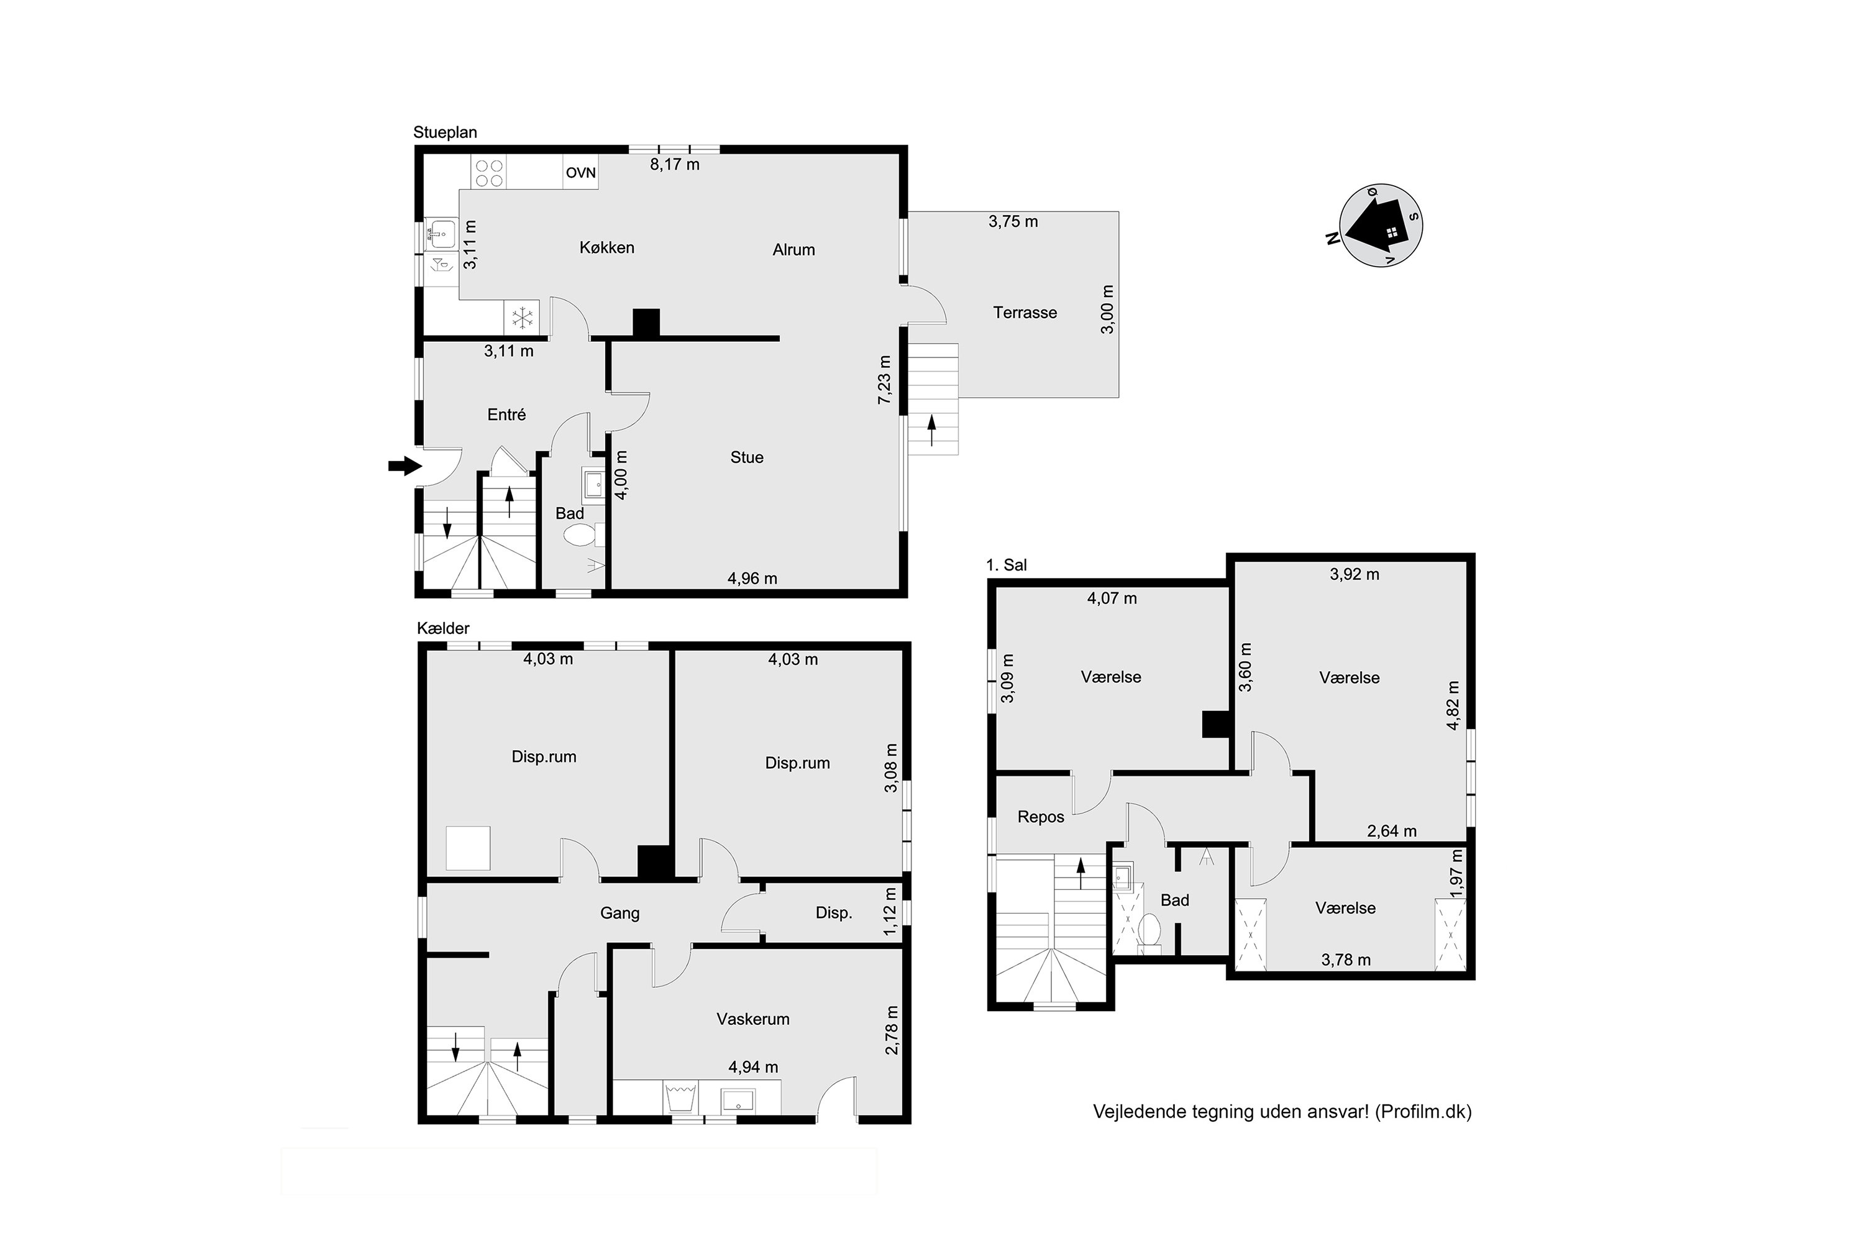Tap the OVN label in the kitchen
tap(580, 173)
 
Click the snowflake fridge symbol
tap(521, 318)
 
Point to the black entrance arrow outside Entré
tap(404, 466)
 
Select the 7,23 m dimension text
tap(884, 380)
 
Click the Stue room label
tap(747, 457)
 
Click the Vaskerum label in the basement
tap(753, 1019)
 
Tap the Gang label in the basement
tap(619, 913)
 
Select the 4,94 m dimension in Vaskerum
tap(753, 1068)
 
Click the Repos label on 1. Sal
tap(1041, 817)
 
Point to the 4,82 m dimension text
tap(1453, 705)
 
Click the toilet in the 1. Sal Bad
tap(1149, 929)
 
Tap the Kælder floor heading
tap(443, 628)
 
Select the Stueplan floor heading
tap(445, 132)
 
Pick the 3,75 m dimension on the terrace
tap(1013, 222)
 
